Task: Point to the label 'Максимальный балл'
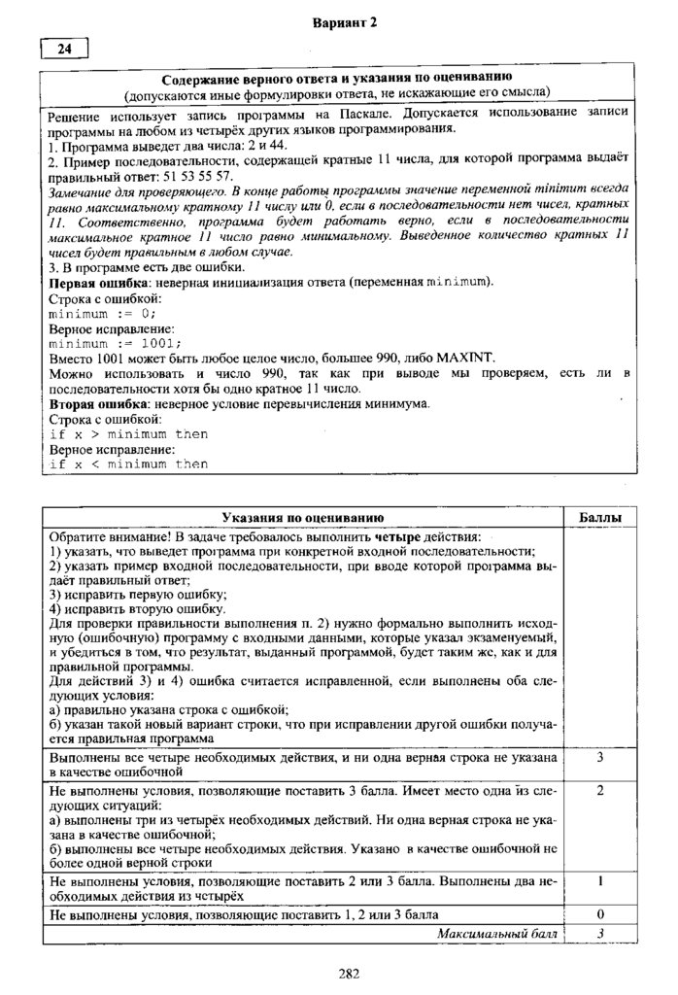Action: coord(497,933)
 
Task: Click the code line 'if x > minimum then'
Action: coord(128,433)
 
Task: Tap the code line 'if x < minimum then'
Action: coord(128,463)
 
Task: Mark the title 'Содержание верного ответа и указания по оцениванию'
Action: coord(337,76)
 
